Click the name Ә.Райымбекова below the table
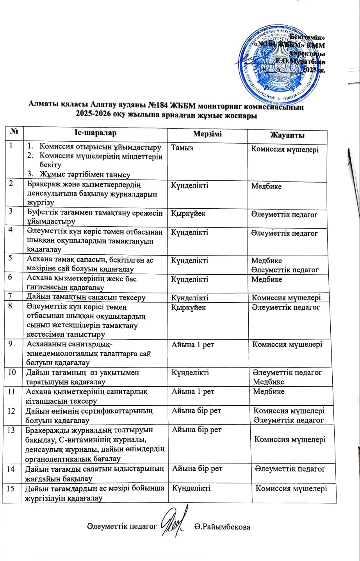click(222, 527)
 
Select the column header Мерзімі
click(207, 134)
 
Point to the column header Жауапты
click(287, 135)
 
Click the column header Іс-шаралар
click(95, 133)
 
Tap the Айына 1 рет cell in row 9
click(193, 344)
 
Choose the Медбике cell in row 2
click(266, 186)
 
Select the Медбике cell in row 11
click(268, 391)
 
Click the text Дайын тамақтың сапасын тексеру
click(86, 298)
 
